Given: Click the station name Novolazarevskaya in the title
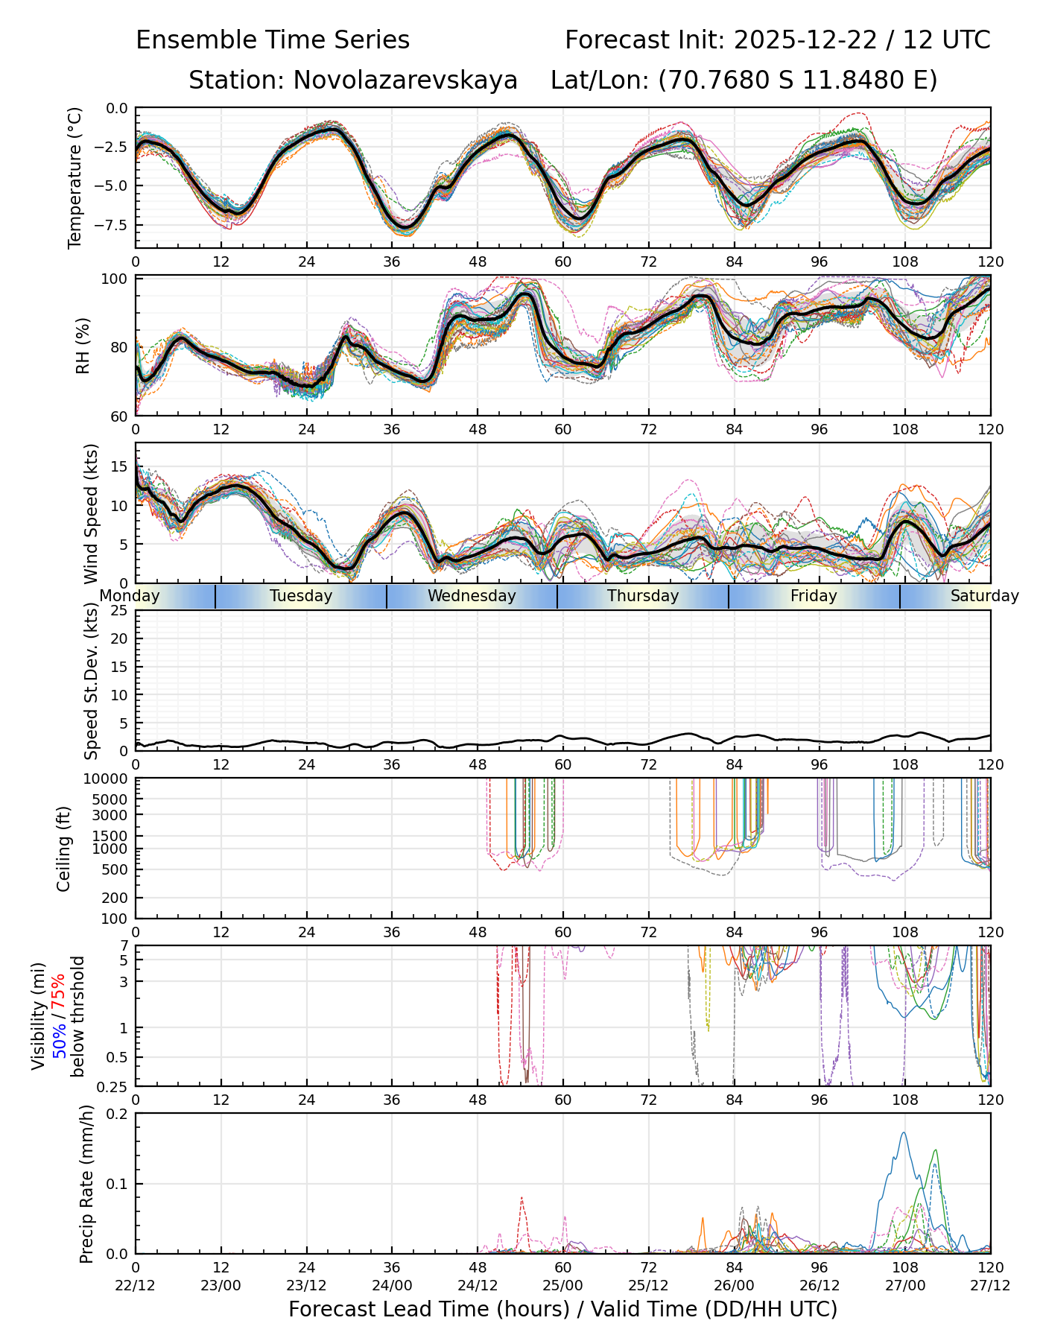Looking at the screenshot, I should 352,80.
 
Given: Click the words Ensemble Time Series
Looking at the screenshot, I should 273,40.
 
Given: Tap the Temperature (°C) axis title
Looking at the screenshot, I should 74,177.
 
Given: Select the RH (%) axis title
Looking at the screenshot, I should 83,345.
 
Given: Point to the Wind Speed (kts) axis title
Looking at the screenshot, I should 91,513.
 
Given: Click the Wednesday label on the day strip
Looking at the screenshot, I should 472,596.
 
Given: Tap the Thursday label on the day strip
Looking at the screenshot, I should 643,596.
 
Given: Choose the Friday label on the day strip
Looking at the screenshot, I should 814,596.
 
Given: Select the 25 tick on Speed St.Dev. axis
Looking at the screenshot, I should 121,611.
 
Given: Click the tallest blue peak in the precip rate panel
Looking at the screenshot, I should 904,1133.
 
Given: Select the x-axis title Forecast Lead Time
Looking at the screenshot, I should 562,1309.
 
